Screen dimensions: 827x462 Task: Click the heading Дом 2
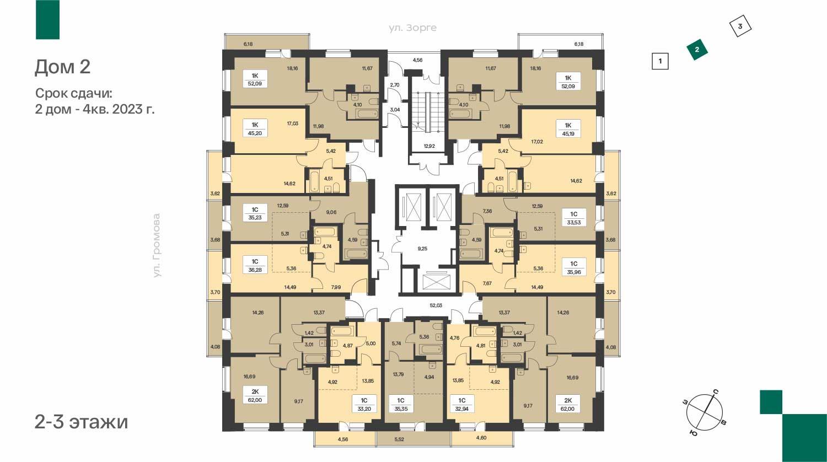[x=62, y=67]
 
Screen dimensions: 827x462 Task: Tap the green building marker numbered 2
[x=697, y=50]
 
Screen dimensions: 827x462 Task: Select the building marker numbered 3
[x=740, y=26]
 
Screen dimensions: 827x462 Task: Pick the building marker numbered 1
[x=660, y=61]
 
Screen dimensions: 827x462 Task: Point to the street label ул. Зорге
[x=412, y=28]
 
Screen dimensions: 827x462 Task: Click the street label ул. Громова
[x=157, y=245]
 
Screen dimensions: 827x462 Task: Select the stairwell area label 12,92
[x=429, y=146]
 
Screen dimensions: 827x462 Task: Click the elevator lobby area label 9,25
[x=422, y=249]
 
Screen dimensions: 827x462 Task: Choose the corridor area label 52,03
[x=436, y=305]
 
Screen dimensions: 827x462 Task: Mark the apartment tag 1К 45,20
[x=255, y=129]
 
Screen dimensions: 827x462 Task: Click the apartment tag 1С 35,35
[x=401, y=405]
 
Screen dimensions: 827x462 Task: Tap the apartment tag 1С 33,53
[x=574, y=218]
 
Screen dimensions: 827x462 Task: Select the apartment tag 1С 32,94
[x=462, y=405]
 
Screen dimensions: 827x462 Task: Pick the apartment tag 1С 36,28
[x=255, y=266]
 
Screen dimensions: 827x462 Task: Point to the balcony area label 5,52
[x=400, y=439]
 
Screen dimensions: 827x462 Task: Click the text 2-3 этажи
[x=81, y=422]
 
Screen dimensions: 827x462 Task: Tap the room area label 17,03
[x=293, y=123]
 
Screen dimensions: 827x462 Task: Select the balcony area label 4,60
[x=481, y=438]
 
